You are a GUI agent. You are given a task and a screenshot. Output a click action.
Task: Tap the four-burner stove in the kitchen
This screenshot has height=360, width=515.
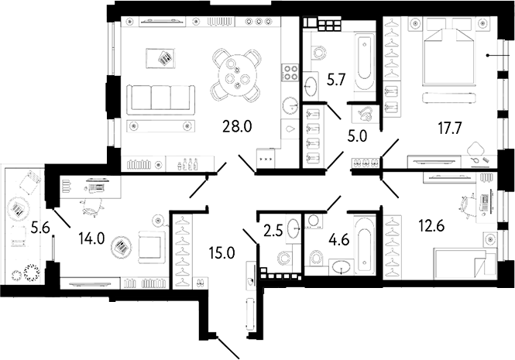pyautogui.click(x=291, y=72)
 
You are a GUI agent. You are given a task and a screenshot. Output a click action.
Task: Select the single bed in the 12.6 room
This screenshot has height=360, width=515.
pyautogui.click(x=462, y=261)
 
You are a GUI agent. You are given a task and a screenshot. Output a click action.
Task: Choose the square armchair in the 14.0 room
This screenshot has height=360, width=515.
pyautogui.click(x=149, y=246)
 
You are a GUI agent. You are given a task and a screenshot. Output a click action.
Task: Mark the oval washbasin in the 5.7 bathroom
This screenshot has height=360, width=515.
pyautogui.click(x=314, y=84)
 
